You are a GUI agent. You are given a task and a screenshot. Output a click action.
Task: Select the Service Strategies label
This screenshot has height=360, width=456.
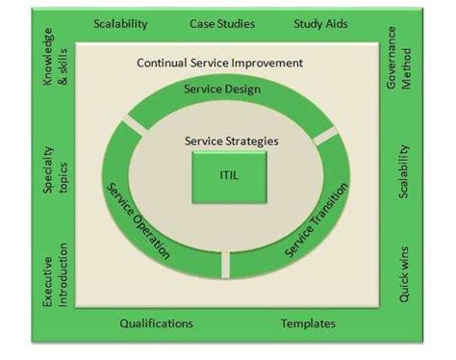point(232,141)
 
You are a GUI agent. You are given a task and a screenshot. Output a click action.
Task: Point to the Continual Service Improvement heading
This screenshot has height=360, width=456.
point(220,63)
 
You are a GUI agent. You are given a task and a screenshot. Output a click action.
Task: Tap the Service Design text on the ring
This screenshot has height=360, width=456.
point(221,90)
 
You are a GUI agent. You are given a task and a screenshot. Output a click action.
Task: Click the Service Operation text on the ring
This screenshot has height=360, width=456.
point(139,219)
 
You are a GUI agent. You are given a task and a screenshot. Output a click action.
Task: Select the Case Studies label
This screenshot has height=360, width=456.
point(222,23)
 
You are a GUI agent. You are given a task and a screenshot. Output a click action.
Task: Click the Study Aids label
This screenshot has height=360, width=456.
point(321,23)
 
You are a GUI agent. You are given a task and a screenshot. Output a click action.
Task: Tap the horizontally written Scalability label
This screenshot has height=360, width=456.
point(121,23)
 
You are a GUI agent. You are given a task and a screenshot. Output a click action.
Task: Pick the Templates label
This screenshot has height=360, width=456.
point(308,323)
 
